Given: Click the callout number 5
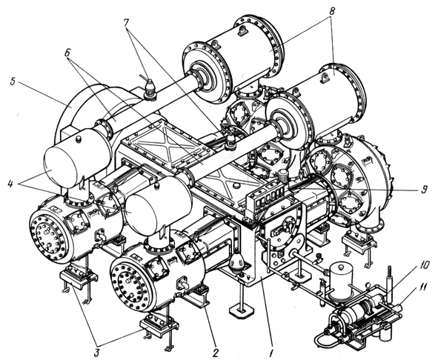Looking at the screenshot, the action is (x=13, y=84).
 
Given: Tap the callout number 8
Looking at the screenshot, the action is (x=331, y=10).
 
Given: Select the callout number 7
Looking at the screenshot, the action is (x=127, y=23).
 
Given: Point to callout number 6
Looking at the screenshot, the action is (x=67, y=53).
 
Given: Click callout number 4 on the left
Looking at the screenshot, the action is (x=10, y=184).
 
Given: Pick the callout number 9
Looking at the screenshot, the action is (x=425, y=190).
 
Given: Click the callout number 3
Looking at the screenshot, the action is (x=96, y=353).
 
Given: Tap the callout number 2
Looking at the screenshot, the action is (x=215, y=353).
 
